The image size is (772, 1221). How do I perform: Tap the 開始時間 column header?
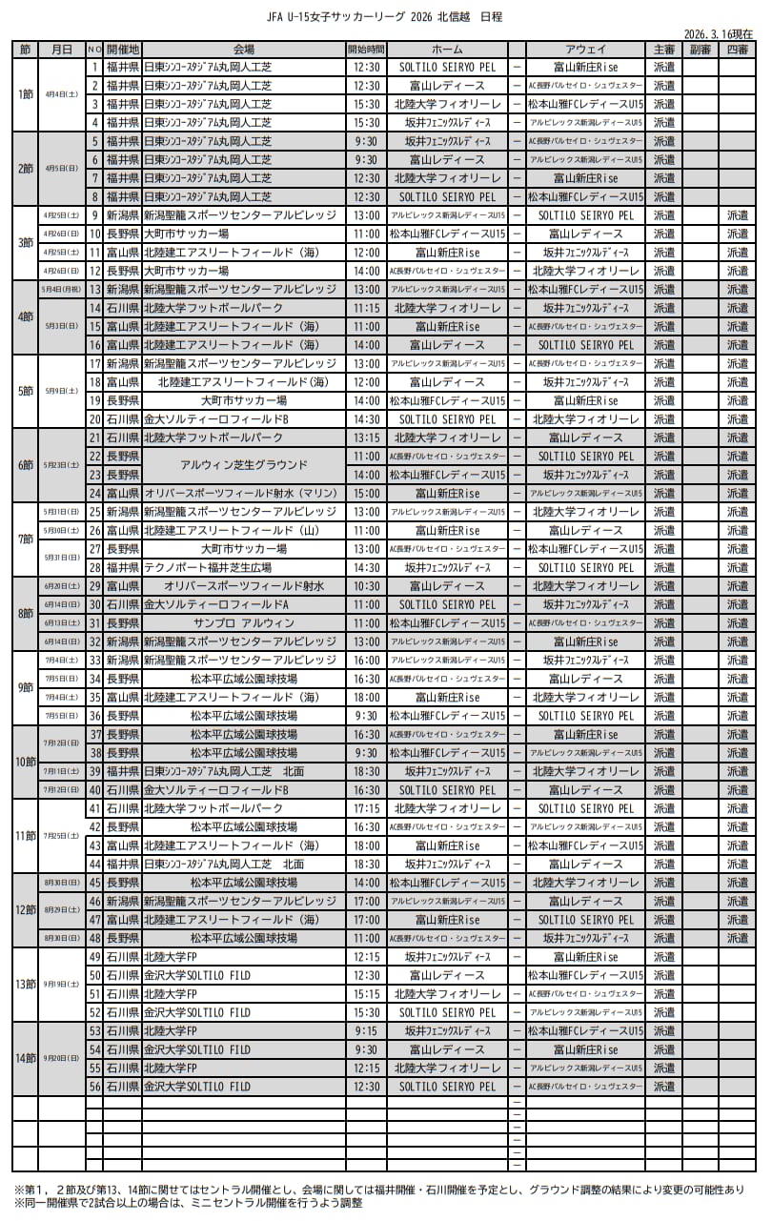pyautogui.click(x=366, y=49)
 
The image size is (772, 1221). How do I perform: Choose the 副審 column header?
pyautogui.click(x=700, y=49)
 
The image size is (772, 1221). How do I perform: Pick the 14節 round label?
pyautogui.click(x=26, y=1058)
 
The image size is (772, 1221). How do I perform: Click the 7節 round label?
pyautogui.click(x=26, y=539)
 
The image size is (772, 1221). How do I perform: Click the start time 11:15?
pyautogui.click(x=366, y=308)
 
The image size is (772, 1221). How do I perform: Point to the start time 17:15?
pyautogui.click(x=366, y=808)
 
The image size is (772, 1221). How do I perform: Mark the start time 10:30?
pyautogui.click(x=366, y=586)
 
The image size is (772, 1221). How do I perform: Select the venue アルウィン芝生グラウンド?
pyautogui.click(x=243, y=465)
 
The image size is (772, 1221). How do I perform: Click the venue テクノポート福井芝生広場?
pyautogui.click(x=243, y=567)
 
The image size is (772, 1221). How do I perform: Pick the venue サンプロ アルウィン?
pyautogui.click(x=243, y=622)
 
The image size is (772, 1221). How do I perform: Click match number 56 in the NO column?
pyautogui.click(x=94, y=1087)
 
